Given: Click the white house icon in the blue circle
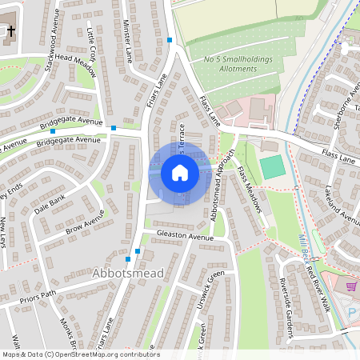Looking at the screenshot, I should pyautogui.click(x=179, y=173).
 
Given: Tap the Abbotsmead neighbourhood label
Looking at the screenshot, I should pyautogui.click(x=129, y=274).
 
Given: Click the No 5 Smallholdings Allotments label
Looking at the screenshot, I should pyautogui.click(x=238, y=64).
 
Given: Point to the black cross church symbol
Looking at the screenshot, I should pyautogui.click(x=10, y=33).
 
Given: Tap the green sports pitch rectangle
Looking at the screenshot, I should pyautogui.click(x=273, y=167).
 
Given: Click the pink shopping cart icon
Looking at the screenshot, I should pyautogui.click(x=351, y=286).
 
